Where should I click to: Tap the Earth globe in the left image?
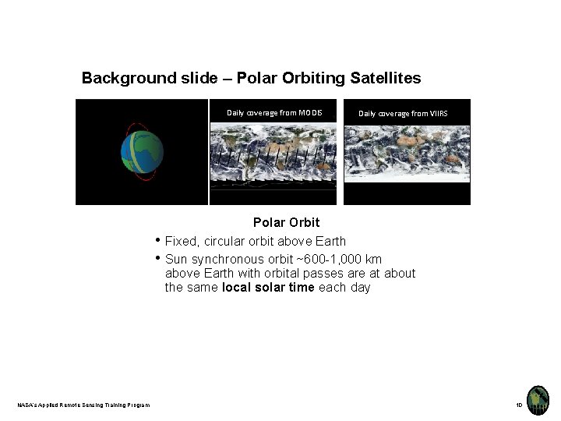tap(142, 152)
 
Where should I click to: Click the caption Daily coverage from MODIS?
tap(274, 113)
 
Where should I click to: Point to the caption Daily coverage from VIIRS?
tap(403, 114)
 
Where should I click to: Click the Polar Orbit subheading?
tap(286, 223)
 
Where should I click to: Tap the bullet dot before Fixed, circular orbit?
tap(158, 241)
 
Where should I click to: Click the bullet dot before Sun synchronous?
tap(158, 258)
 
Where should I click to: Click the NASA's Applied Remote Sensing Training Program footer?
tap(84, 404)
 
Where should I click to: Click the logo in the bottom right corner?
tap(538, 400)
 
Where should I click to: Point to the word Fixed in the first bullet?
tap(181, 242)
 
